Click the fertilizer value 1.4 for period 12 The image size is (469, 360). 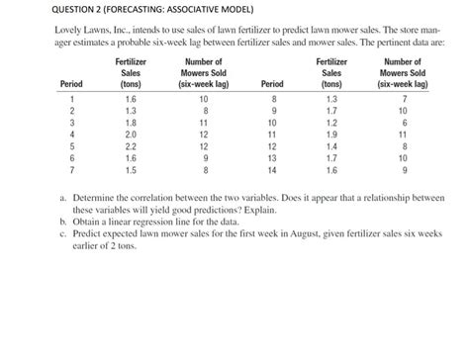click(329, 144)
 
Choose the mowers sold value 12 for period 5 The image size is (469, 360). click(204, 144)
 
